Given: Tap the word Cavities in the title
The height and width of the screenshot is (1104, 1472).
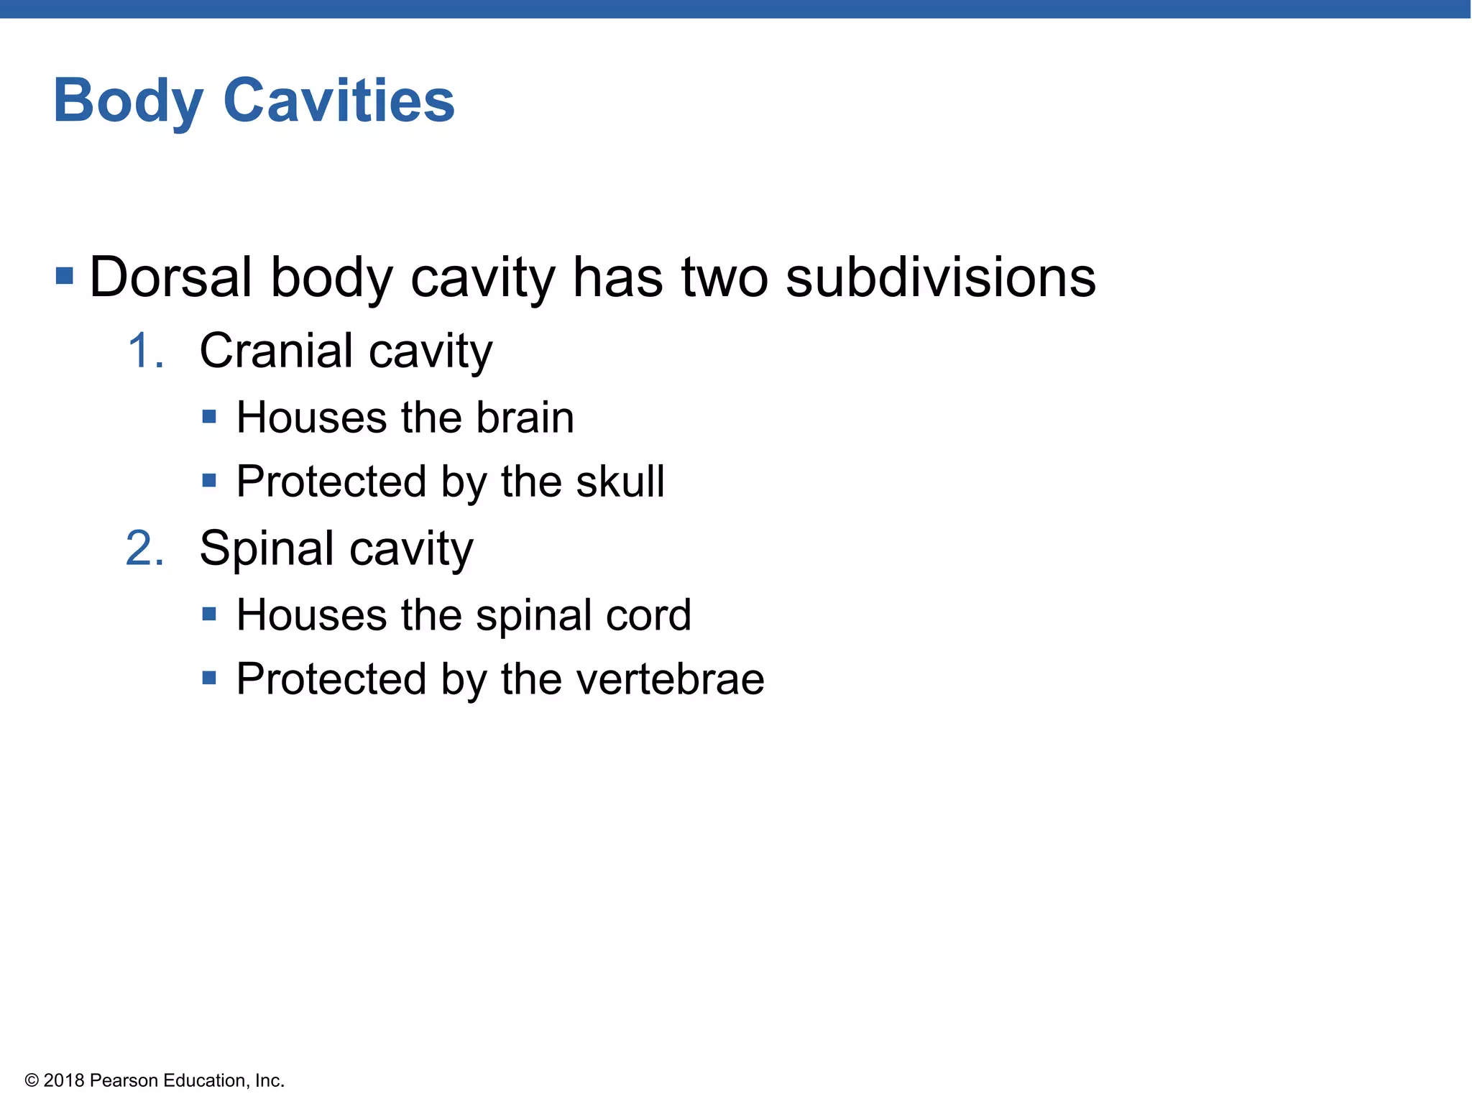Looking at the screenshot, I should point(339,101).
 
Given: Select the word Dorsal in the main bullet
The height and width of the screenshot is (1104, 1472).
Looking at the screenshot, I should point(170,277).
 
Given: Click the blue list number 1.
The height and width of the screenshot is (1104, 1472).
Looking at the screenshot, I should point(144,351).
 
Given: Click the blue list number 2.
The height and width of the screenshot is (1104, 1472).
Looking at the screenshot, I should point(144,548).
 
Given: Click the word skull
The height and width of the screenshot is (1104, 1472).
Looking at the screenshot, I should point(620,481).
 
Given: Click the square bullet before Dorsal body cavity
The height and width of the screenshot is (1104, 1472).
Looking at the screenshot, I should point(65,276).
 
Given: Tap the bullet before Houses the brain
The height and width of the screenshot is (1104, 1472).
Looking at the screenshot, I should point(209,416).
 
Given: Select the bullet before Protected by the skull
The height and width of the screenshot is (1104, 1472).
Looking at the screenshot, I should point(209,480).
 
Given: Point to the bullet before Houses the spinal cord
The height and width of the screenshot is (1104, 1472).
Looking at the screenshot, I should point(209,614).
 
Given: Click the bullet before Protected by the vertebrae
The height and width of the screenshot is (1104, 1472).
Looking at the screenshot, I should point(209,678).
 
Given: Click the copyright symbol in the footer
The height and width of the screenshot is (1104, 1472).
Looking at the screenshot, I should point(32,1081).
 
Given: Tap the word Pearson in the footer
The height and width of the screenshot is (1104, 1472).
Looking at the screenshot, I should point(124,1081).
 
